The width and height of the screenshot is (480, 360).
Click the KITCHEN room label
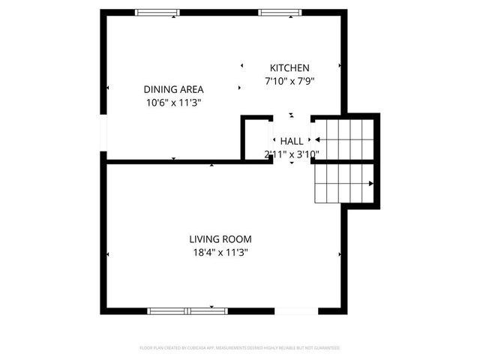point(289,67)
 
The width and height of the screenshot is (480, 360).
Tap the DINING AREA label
point(173,89)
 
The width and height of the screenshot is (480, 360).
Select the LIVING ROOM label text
point(220,239)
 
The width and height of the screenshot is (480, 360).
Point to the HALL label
point(292,141)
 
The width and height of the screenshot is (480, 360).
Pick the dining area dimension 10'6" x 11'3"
point(173,102)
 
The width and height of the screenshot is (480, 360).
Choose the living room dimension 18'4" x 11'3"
point(220,253)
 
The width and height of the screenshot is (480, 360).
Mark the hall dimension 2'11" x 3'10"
point(292,154)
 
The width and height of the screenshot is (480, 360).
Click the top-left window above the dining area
point(157,13)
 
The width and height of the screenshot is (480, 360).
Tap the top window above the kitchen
point(280,13)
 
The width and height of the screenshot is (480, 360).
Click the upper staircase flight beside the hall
point(345,139)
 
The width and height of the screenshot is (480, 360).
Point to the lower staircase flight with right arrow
point(341,184)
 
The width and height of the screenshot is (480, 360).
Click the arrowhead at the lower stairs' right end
point(371,184)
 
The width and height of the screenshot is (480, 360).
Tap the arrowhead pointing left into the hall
point(318,139)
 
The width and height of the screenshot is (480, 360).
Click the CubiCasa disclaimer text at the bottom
point(240,348)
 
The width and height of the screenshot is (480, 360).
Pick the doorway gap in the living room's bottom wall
point(296,310)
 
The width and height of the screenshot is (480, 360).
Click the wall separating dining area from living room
point(187,161)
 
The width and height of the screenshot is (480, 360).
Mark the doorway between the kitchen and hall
point(292,117)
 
